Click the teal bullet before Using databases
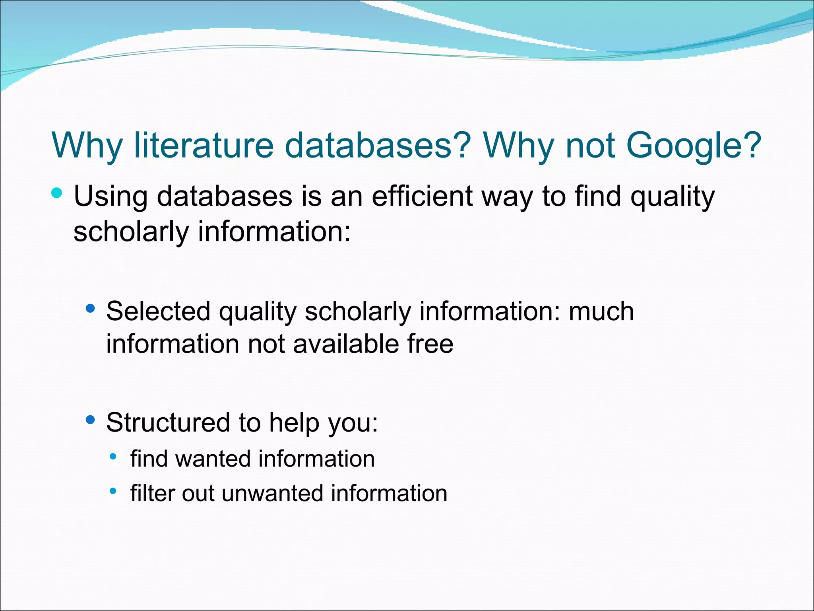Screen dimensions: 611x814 (57, 193)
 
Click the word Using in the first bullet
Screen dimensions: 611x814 (110, 197)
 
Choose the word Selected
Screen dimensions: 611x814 (158, 311)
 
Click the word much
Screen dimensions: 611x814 (601, 311)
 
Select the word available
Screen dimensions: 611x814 (345, 344)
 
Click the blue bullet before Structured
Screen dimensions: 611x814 (91, 420)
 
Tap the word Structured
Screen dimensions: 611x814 (169, 422)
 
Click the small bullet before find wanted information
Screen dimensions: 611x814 (113, 457)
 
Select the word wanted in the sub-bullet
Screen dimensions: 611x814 (213, 459)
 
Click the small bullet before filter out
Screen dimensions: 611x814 (113, 491)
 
